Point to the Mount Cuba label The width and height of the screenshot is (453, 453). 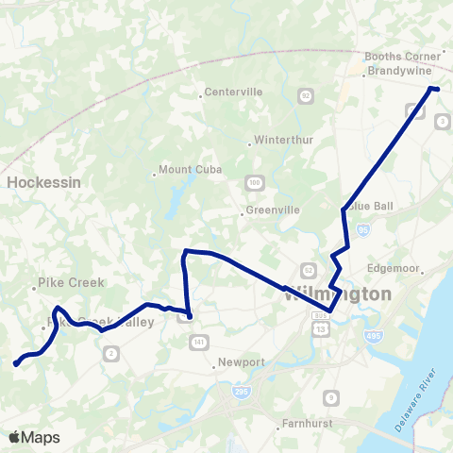click(186, 171)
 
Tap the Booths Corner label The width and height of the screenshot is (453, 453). click(402, 56)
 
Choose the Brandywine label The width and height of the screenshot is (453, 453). click(397, 71)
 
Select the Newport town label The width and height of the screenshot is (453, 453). click(241, 362)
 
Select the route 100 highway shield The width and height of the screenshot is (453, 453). click(254, 181)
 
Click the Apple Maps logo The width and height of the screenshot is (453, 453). click(35, 437)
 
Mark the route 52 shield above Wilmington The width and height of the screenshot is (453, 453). click(307, 269)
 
